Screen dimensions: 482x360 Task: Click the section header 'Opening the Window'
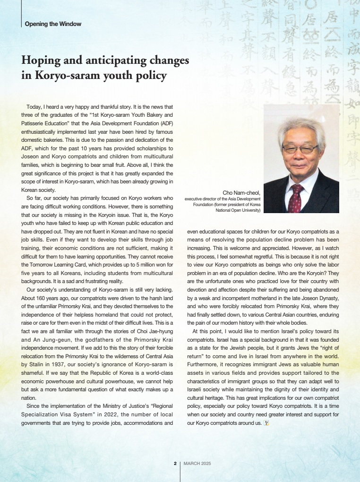pyautogui.click(x=53, y=24)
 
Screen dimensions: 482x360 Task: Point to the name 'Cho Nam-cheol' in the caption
pyautogui.click(x=241, y=192)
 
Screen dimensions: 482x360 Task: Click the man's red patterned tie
pyautogui.click(x=296, y=198)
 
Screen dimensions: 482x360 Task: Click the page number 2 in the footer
pyautogui.click(x=175, y=464)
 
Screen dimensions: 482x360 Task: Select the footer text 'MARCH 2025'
pyautogui.click(x=197, y=464)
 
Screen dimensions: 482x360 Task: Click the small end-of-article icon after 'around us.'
pyautogui.click(x=266, y=422)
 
